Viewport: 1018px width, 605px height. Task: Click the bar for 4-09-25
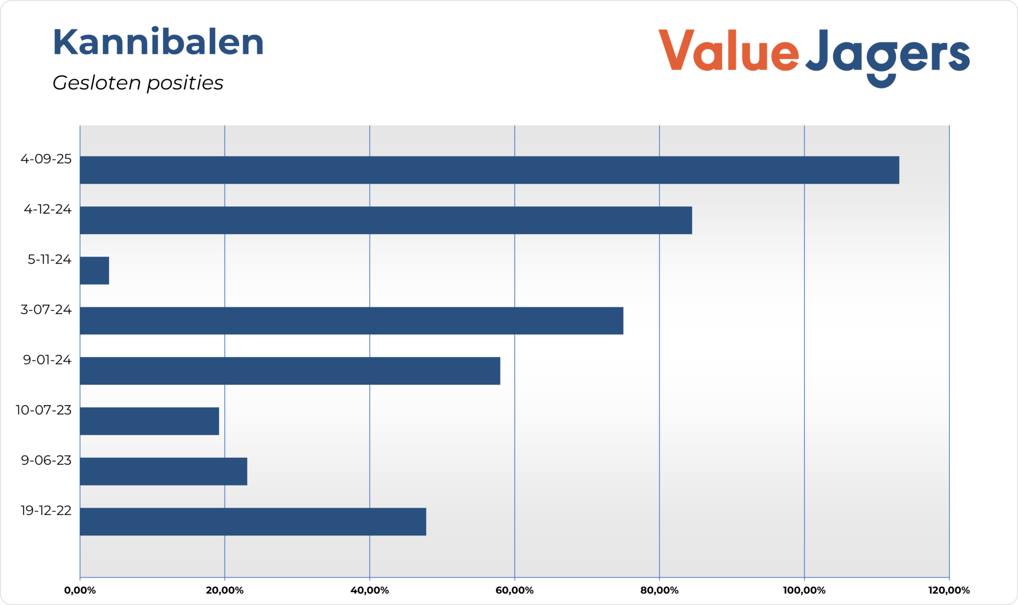point(489,170)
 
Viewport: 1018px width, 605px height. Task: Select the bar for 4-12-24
point(386,220)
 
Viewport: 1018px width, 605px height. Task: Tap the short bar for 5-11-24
point(94,270)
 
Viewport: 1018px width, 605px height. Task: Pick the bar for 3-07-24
point(351,321)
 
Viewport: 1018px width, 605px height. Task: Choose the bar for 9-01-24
point(290,371)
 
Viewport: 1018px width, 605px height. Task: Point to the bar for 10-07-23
point(149,421)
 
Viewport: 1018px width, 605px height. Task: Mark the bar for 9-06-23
point(164,471)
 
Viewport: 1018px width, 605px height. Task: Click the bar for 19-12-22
point(253,521)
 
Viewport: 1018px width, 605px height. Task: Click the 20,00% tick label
point(225,591)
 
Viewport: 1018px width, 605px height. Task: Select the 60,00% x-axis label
point(514,591)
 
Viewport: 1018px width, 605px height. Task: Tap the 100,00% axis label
point(804,591)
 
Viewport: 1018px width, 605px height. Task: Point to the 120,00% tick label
point(949,591)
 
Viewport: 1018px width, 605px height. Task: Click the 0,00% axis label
point(80,591)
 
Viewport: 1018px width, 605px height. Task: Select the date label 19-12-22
point(46,511)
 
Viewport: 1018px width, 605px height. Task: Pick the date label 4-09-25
point(46,159)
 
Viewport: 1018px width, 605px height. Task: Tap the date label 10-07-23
point(44,410)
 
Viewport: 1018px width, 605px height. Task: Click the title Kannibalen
point(158,42)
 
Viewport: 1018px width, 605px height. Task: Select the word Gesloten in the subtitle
point(96,83)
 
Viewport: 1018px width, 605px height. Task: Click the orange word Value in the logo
point(729,51)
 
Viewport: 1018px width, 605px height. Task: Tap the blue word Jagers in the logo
point(888,55)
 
